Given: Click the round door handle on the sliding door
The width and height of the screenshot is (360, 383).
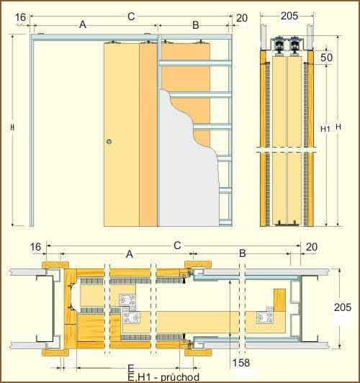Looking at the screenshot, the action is pyautogui.click(x=109, y=141).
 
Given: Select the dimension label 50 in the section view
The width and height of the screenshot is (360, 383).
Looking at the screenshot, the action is pyautogui.click(x=327, y=58).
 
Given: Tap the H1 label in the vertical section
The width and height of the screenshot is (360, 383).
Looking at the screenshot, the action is pyautogui.click(x=325, y=129).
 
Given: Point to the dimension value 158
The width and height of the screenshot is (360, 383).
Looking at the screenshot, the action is pyautogui.click(x=241, y=363).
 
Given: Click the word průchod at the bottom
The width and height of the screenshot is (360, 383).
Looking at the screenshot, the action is pyautogui.click(x=180, y=377).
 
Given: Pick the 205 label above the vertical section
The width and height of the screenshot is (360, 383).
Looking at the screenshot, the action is pyautogui.click(x=289, y=16).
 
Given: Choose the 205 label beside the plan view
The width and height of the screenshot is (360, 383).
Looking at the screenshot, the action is pyautogui.click(x=343, y=307).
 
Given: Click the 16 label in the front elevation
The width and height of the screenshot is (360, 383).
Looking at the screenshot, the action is pyautogui.click(x=20, y=17).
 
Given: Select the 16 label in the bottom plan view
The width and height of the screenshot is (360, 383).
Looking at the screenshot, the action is pyautogui.click(x=35, y=247).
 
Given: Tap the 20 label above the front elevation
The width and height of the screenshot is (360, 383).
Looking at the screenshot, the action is pyautogui.click(x=242, y=18).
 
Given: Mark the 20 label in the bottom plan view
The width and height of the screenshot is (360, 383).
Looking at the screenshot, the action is pyautogui.click(x=312, y=247).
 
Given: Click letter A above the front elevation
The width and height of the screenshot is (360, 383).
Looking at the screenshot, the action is pyautogui.click(x=83, y=24).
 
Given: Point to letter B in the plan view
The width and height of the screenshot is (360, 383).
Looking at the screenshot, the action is pyautogui.click(x=242, y=253).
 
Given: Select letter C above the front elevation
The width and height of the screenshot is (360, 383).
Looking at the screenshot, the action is pyautogui.click(x=131, y=17).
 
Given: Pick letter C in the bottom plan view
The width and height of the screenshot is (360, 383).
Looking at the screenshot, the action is pyautogui.click(x=177, y=245).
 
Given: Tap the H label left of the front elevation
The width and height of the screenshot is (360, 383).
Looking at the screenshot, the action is pyautogui.click(x=13, y=127).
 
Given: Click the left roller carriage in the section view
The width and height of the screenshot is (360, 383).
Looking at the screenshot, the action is pyautogui.click(x=279, y=46).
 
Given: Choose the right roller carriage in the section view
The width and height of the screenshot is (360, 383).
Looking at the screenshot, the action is pyautogui.click(x=294, y=46).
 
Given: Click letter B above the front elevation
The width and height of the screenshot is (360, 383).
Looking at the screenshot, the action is pyautogui.click(x=196, y=25).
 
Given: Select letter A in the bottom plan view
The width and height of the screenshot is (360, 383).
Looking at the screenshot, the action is pyautogui.click(x=130, y=254).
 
